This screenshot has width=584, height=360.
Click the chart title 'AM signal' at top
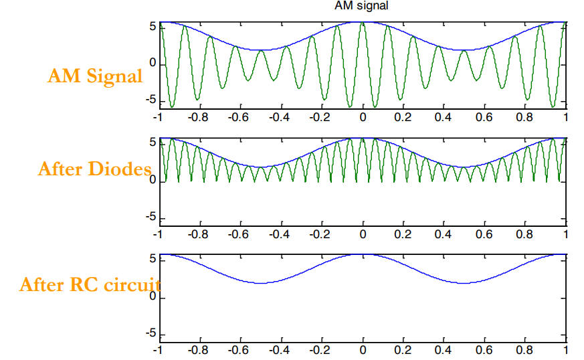point(361,6)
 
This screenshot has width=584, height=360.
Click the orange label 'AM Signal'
point(95,76)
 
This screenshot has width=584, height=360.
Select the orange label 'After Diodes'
point(94,169)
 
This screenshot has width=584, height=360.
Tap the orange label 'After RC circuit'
point(90,285)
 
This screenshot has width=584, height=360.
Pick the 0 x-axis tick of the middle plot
point(363,234)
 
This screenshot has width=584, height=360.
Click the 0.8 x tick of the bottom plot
point(525,349)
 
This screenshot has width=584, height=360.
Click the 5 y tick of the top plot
point(152,27)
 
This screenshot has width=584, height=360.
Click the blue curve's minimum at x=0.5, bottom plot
point(464,283)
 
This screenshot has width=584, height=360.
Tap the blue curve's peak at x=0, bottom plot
point(363,254)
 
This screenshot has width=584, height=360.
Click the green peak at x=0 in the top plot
point(363,23)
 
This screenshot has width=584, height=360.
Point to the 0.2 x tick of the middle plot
point(403,234)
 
